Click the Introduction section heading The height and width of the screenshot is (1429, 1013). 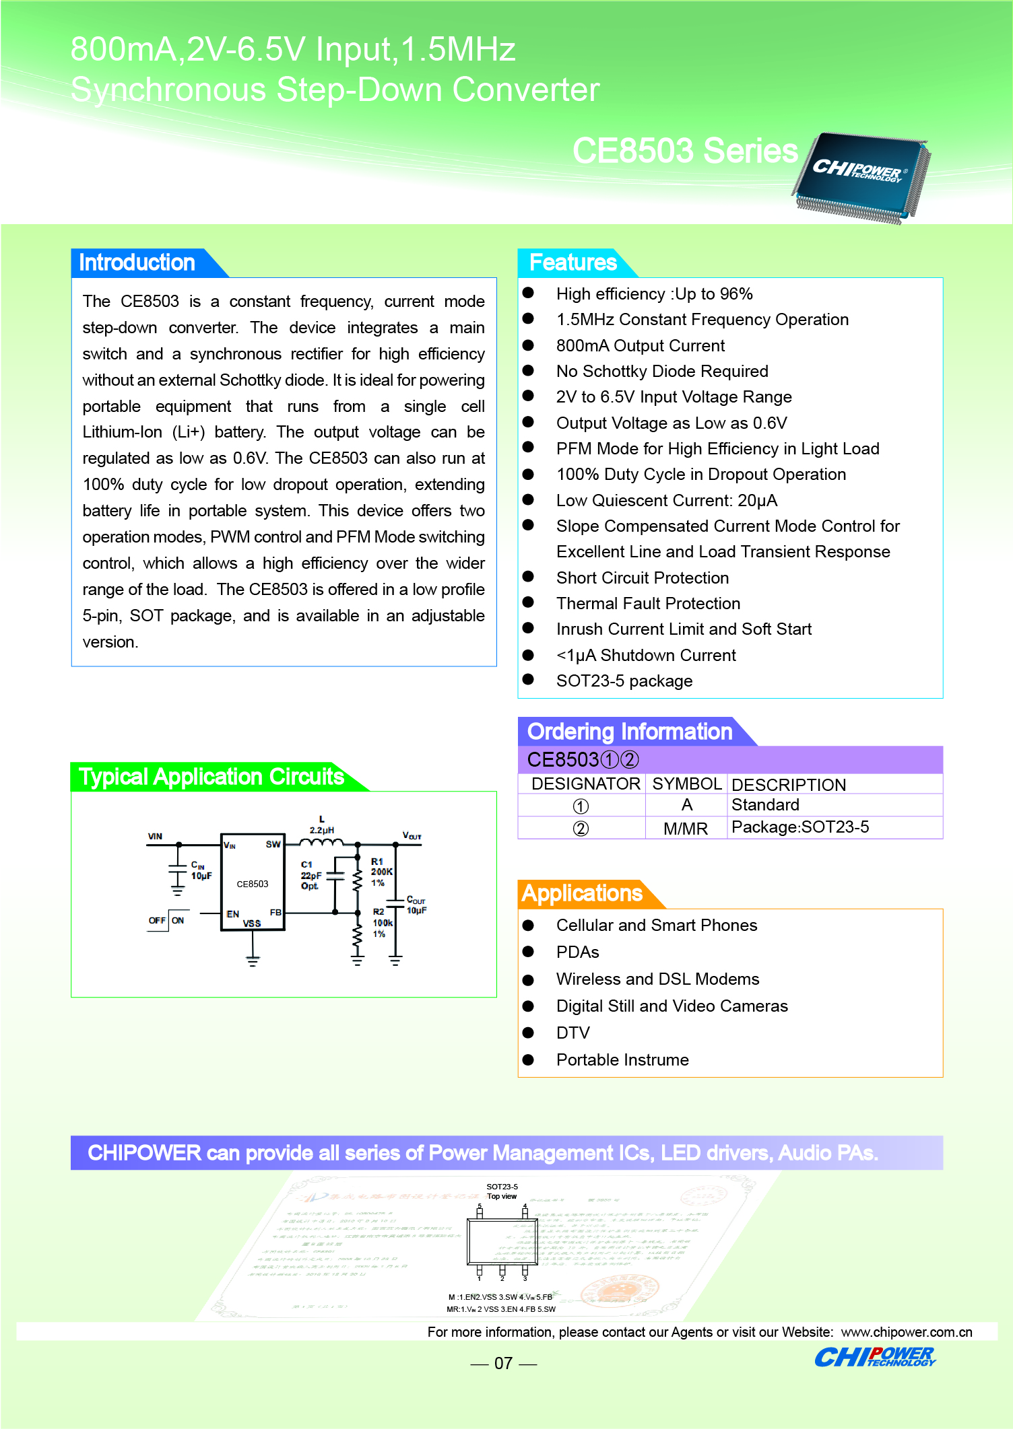[x=137, y=263]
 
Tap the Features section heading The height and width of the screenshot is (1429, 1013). [x=573, y=263]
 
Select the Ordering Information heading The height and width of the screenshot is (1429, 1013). [x=629, y=732]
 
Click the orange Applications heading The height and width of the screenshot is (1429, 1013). [x=582, y=893]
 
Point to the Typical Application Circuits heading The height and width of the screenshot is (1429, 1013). [x=211, y=777]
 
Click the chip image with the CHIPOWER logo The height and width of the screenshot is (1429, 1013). [x=861, y=176]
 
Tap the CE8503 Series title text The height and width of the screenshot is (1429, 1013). [x=684, y=151]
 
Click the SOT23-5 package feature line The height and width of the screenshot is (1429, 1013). [x=624, y=681]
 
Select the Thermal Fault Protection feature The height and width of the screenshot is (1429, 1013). [x=648, y=604]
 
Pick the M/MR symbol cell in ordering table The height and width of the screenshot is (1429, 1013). [x=686, y=829]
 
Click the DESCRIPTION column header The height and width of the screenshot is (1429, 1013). [x=788, y=785]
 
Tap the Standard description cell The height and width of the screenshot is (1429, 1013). [x=765, y=805]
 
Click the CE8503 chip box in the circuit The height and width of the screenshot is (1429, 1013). [x=253, y=883]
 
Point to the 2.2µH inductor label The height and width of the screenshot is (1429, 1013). [x=322, y=829]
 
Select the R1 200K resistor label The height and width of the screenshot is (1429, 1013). [x=381, y=872]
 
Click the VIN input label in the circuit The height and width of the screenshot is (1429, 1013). [x=155, y=836]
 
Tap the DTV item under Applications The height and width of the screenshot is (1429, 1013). [x=573, y=1033]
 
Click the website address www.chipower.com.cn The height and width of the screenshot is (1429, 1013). [x=907, y=1332]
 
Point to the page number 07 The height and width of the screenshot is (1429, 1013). [x=503, y=1363]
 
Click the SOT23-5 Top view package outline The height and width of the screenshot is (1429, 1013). [x=502, y=1242]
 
